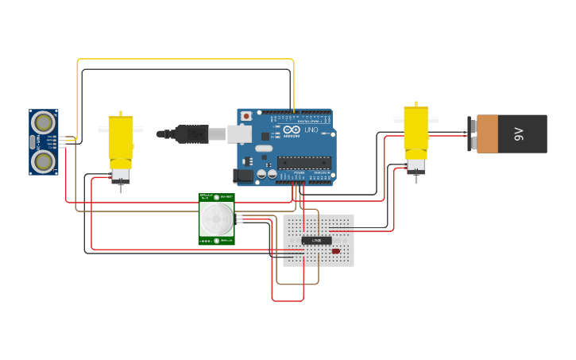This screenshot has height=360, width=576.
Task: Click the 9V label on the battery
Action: coord(520,134)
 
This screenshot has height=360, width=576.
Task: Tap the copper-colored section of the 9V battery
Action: coord(486,134)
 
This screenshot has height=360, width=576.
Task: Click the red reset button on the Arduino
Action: coord(246,116)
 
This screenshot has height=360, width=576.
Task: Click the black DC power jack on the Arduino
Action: coord(243,176)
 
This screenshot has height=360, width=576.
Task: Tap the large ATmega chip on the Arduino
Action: coord(303,162)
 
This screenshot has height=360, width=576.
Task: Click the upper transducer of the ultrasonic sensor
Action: coord(44,122)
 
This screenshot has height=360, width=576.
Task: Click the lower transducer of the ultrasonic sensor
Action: coord(44,161)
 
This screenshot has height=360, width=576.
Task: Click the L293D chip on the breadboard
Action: coord(316,240)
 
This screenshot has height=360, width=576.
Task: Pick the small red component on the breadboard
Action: coord(335,251)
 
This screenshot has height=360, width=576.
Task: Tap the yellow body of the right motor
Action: coord(416,131)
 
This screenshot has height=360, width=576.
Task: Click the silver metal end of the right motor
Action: coord(416,165)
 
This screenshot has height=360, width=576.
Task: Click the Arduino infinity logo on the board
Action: coord(292,129)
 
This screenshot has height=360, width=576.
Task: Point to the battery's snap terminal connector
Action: coord(470,134)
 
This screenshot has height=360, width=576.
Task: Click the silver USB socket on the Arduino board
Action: coord(239,134)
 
